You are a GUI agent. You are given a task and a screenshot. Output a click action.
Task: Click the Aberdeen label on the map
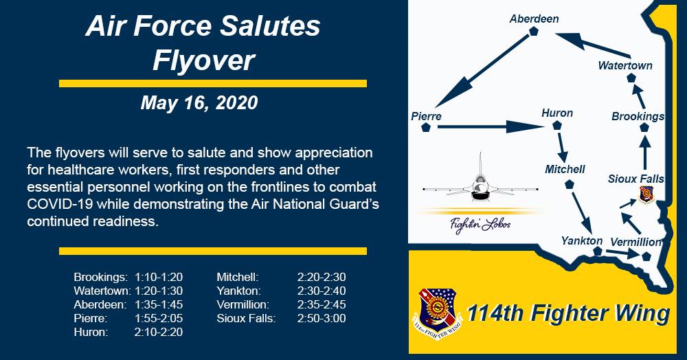click(534, 19)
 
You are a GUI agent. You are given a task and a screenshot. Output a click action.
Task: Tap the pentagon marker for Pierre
click(426, 128)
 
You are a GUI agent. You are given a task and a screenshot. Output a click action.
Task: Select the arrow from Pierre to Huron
click(491, 127)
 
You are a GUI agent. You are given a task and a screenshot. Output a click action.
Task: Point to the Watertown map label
click(625, 66)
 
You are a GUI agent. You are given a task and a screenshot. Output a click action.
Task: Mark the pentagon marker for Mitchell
click(569, 184)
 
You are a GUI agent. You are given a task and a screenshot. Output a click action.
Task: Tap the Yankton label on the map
click(582, 241)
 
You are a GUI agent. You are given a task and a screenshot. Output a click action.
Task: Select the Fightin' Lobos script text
click(480, 225)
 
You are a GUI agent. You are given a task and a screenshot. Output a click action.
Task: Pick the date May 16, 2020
click(199, 103)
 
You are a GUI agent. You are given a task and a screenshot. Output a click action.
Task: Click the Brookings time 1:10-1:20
click(159, 278)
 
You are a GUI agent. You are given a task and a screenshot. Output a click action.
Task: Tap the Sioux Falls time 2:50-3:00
click(322, 318)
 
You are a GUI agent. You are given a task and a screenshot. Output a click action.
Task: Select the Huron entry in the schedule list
click(91, 332)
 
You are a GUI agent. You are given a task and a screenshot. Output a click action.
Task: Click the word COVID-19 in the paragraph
click(60, 204)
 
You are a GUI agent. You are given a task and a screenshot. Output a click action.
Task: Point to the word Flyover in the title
click(204, 60)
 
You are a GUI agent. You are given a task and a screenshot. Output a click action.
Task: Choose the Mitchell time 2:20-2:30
click(322, 278)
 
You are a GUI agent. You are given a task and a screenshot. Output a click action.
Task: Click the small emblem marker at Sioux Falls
click(646, 194)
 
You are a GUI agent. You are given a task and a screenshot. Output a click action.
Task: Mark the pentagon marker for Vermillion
click(646, 257)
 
